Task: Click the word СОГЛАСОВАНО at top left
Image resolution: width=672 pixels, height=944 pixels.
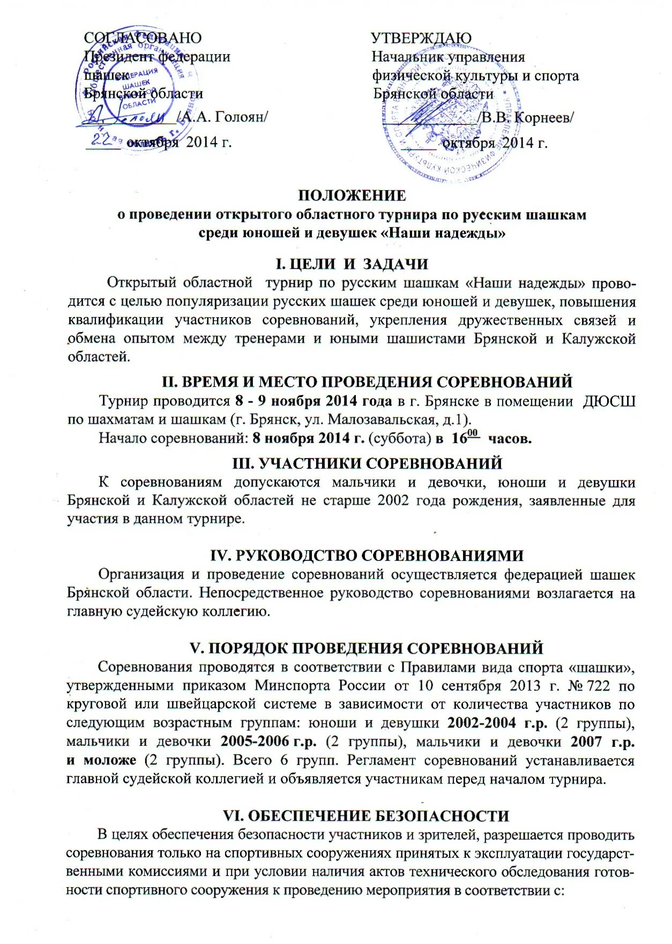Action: point(143,38)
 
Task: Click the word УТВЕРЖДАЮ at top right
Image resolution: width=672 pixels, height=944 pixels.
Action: point(421,38)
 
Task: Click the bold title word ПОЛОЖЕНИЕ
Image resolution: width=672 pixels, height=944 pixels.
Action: point(352,196)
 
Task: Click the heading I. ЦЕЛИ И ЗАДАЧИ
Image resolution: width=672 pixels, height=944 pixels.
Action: point(352,264)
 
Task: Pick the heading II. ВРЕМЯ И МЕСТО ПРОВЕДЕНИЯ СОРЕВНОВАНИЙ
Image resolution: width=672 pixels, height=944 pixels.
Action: point(367,382)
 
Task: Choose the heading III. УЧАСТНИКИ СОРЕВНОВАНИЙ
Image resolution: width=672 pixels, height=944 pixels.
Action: point(367,463)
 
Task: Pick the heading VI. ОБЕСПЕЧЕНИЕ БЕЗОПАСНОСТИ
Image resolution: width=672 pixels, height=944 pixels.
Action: point(365,815)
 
